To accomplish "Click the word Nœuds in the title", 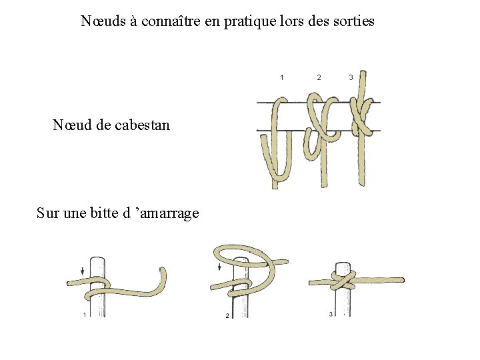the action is click(x=103, y=21).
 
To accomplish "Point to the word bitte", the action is click(x=104, y=213).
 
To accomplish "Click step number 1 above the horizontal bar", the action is click(x=281, y=77).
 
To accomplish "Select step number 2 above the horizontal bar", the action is click(x=319, y=77).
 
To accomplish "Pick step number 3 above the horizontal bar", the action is click(x=351, y=77).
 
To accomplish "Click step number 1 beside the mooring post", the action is click(x=85, y=315).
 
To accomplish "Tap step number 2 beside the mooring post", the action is click(x=227, y=315).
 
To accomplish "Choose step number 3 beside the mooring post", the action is click(x=331, y=314).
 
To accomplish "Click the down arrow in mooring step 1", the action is click(x=83, y=271).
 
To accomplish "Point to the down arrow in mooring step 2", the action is click(x=219, y=267).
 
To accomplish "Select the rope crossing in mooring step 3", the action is click(x=343, y=280).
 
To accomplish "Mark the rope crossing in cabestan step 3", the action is click(x=362, y=115).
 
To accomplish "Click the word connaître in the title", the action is click(x=171, y=21).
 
